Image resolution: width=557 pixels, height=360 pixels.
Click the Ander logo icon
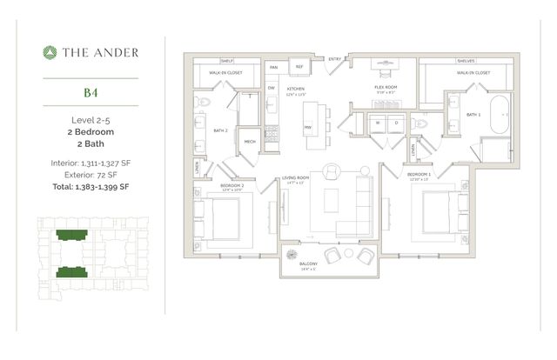click(50, 52)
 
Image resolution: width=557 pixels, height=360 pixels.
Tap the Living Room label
click(296, 178)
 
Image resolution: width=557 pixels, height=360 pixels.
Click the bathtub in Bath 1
click(500, 115)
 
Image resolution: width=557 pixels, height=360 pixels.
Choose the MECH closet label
click(249, 142)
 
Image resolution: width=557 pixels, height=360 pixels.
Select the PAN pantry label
click(273, 67)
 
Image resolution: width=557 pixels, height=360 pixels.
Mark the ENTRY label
click(334, 59)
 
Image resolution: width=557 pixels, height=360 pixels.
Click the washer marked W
click(379, 123)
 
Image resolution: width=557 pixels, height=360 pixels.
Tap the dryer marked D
click(396, 123)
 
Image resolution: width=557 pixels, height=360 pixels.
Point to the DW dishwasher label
click(272, 88)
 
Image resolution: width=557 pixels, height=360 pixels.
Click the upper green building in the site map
click(67, 236)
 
